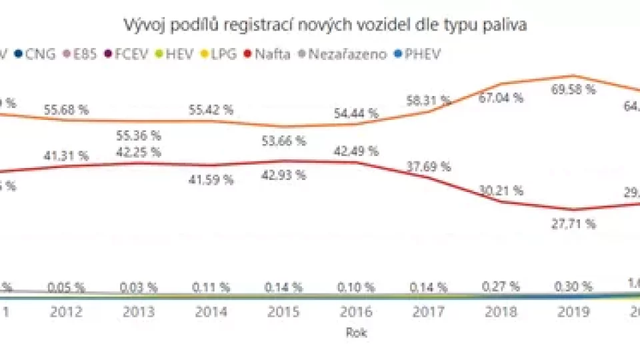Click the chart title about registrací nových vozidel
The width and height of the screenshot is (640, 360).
pos(325,25)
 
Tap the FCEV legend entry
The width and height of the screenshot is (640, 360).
pos(127,54)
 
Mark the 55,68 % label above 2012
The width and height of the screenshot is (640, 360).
pos(65,111)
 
